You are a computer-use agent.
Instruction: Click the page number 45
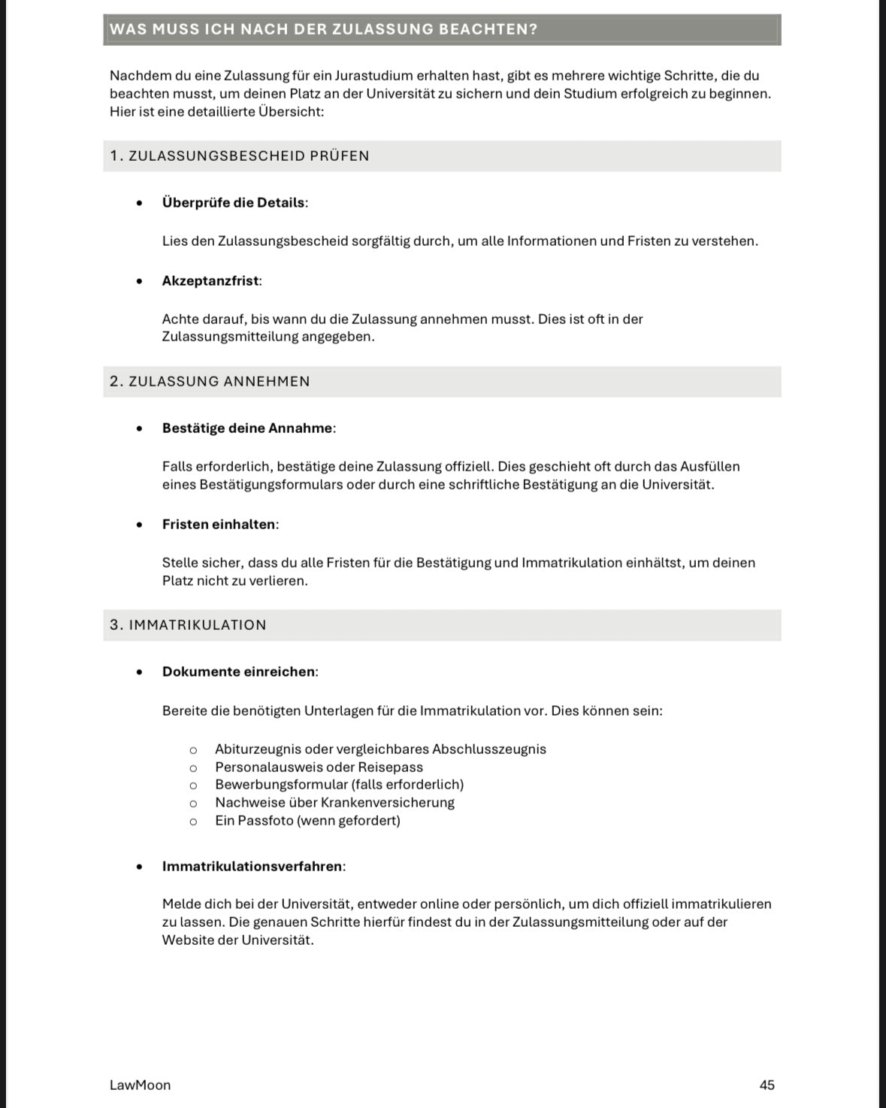click(x=767, y=1085)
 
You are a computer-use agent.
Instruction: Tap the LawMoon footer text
click(x=140, y=1085)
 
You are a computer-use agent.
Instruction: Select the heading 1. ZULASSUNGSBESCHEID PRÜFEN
click(x=239, y=156)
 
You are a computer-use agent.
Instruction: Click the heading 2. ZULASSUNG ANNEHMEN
click(x=210, y=381)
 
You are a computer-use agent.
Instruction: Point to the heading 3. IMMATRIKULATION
click(x=188, y=625)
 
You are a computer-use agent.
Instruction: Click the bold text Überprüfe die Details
click(x=234, y=202)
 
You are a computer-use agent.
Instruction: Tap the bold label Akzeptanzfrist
click(x=210, y=280)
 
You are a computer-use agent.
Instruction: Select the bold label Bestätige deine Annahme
click(x=247, y=428)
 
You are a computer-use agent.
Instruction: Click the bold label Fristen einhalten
click(x=219, y=524)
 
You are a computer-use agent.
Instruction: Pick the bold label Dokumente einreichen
click(x=238, y=671)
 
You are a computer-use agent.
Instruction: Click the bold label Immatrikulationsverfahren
click(x=252, y=866)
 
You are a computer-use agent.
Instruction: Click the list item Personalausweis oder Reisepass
click(x=319, y=767)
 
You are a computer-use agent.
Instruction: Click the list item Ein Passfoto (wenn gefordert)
click(x=307, y=820)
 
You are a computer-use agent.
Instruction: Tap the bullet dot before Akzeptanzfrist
click(x=139, y=281)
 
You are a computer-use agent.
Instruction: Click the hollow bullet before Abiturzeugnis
click(x=193, y=749)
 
